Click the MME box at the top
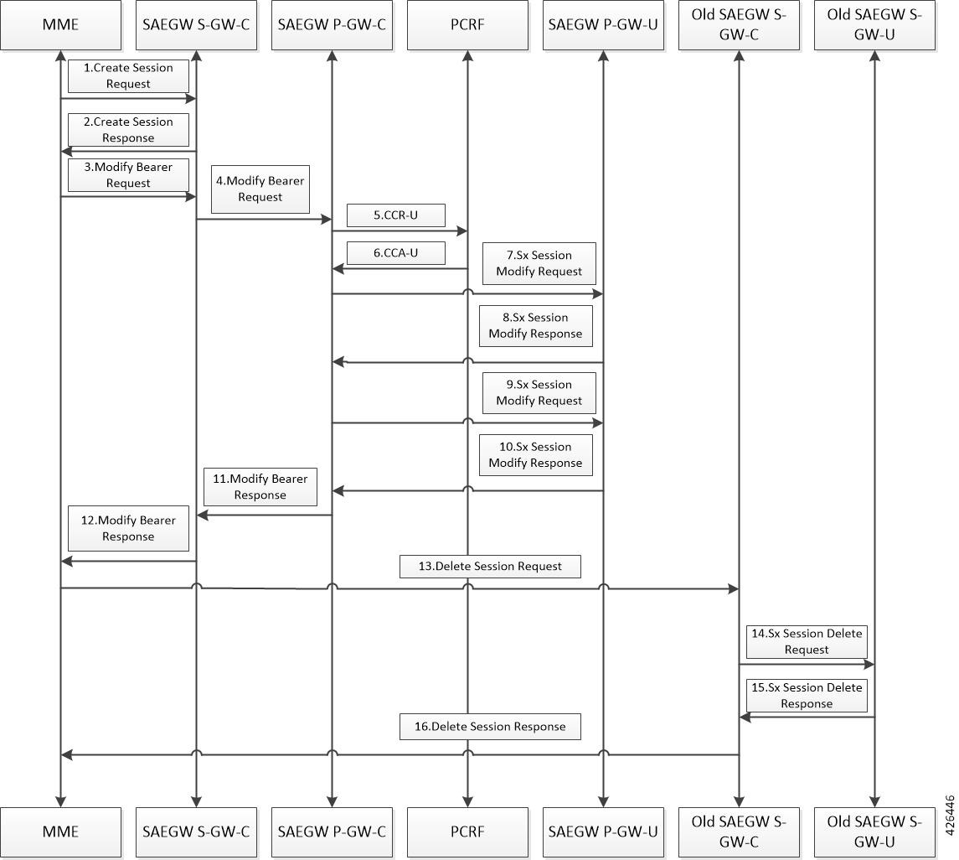coord(60,24)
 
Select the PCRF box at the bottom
coord(467,832)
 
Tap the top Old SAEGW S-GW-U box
coord(874,24)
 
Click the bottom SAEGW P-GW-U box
coord(603,832)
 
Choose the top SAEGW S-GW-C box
coord(196,24)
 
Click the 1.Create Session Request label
coord(128,76)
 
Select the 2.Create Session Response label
coord(128,130)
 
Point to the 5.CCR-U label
coord(395,215)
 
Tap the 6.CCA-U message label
coord(395,253)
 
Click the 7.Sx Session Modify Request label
coord(539,263)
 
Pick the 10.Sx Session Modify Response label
coord(535,455)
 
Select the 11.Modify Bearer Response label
coord(260,487)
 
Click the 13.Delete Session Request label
coord(490,566)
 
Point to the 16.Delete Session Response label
coord(490,727)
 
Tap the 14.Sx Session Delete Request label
coord(807,641)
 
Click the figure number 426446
coord(950,815)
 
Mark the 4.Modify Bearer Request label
coord(260,189)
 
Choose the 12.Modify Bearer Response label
coord(128,528)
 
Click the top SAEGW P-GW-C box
coord(332,24)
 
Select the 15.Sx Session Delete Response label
coord(807,696)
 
